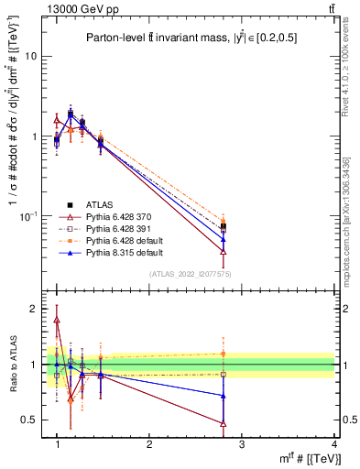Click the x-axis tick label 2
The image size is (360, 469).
click(149, 445)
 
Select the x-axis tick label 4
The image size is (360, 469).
click(333, 445)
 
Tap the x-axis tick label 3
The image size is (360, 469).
click(242, 445)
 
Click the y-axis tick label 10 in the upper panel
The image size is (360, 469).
click(31, 56)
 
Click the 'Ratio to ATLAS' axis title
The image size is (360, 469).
click(12, 365)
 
